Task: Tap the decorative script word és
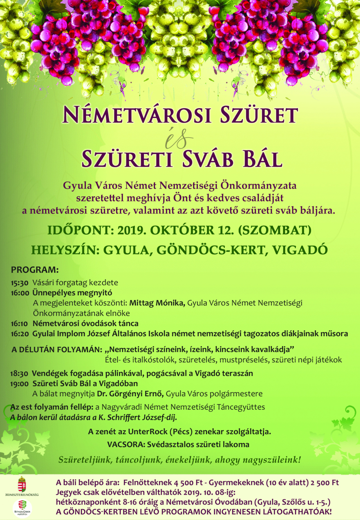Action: tap(179, 139)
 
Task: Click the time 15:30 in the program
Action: tap(20, 282)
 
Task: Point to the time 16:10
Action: tap(20, 324)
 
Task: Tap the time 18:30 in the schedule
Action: tap(20, 373)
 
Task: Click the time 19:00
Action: tap(20, 383)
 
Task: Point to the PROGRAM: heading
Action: tap(35, 270)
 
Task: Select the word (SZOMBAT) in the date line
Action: tap(275, 230)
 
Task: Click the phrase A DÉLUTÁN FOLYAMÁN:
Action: tap(56, 349)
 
